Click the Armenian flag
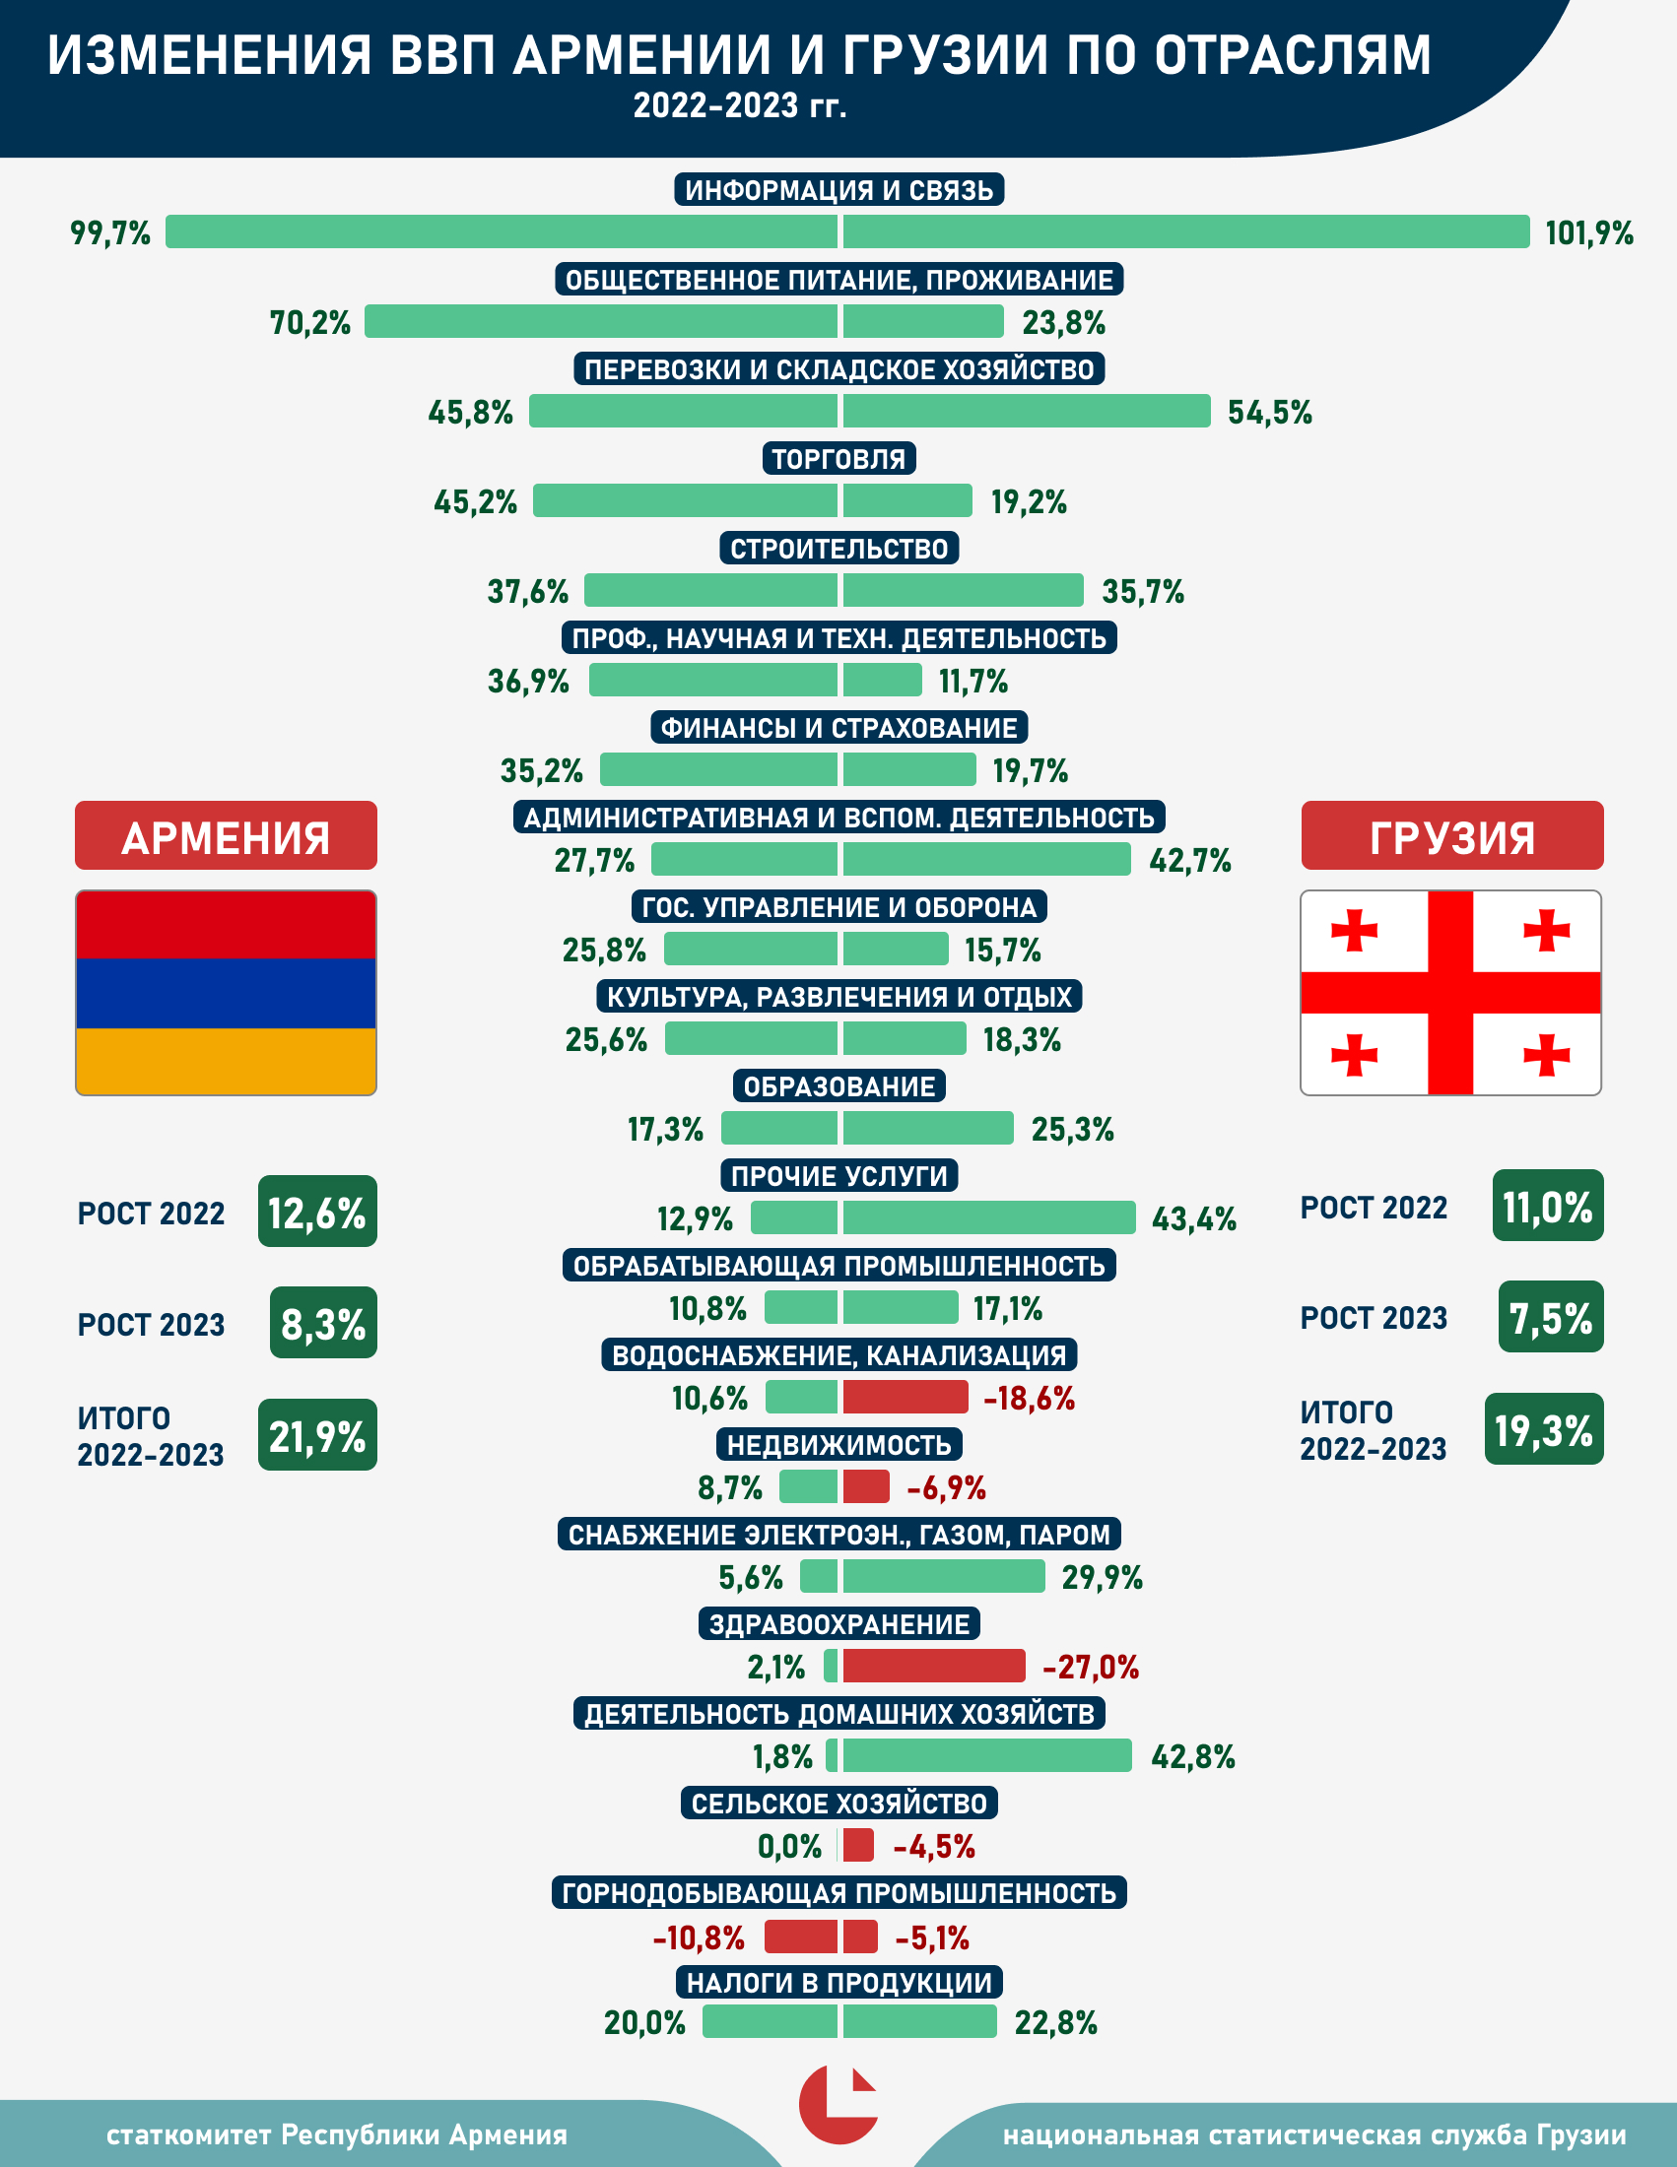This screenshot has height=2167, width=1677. (226, 992)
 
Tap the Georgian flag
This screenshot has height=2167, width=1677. (1450, 992)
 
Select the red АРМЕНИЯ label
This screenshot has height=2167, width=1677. (226, 836)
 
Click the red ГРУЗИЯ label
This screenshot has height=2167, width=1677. (1451, 836)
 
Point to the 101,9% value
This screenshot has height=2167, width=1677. (1588, 233)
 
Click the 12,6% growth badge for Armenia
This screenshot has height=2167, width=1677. (317, 1212)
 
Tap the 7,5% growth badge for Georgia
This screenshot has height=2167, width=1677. (1551, 1318)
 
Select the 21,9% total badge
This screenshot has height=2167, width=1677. (317, 1435)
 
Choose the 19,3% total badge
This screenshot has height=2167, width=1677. (1544, 1430)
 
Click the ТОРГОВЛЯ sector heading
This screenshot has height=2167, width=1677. (838, 458)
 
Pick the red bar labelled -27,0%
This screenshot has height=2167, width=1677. (934, 1666)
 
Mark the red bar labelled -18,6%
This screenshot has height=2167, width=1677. (905, 1397)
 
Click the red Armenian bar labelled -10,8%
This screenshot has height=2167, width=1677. (801, 1936)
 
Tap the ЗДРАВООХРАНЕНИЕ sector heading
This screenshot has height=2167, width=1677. (838, 1624)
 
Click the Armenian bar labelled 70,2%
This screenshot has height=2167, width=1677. (601, 321)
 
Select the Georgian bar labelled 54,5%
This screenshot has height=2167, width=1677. (1026, 411)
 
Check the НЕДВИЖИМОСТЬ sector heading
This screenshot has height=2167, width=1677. (838, 1445)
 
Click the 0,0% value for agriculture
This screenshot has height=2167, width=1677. (790, 1847)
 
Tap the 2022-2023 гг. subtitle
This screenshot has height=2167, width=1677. (739, 105)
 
